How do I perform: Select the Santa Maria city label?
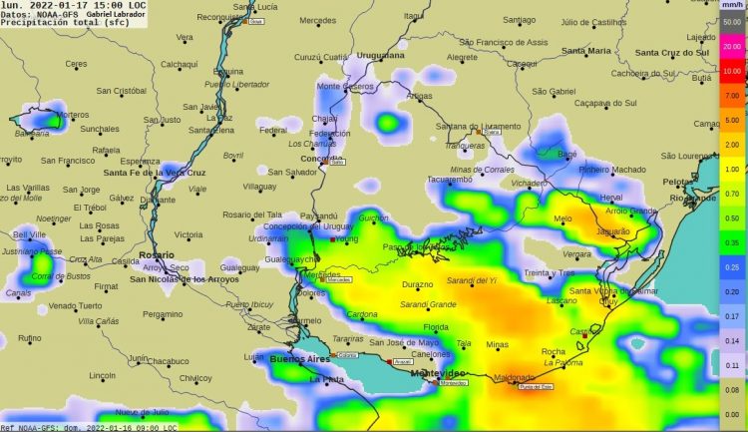click(585, 50)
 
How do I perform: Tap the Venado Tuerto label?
click(76, 305)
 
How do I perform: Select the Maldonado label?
click(514, 377)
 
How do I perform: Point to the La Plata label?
click(326, 380)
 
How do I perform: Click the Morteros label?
click(72, 115)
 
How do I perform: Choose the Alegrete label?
click(462, 58)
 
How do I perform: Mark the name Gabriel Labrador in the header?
click(115, 14)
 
